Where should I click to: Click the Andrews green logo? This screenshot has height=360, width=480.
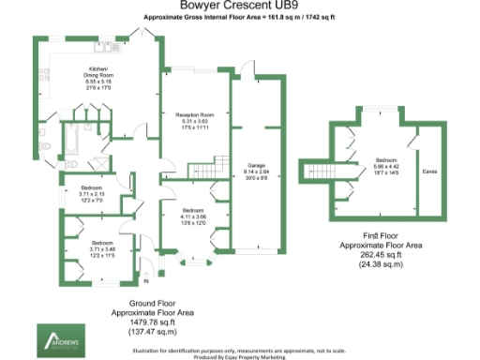59,340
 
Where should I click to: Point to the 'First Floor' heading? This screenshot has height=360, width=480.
374,233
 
